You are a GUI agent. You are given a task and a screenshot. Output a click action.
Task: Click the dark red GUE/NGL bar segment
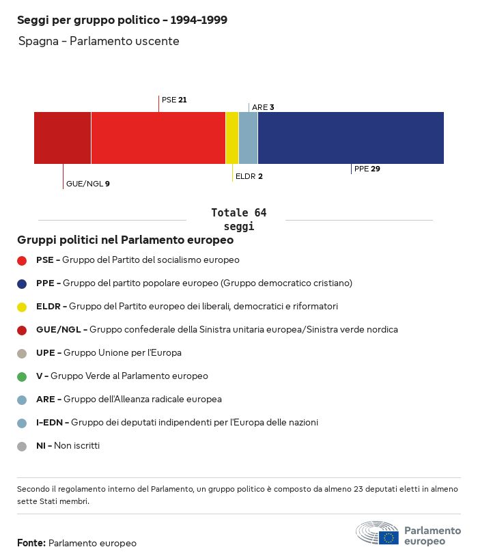tap(62, 138)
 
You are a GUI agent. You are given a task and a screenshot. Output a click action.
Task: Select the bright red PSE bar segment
tap(158, 138)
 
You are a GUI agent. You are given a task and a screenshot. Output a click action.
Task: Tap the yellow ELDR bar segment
tap(232, 138)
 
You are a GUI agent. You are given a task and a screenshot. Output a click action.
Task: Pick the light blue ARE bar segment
tap(249, 138)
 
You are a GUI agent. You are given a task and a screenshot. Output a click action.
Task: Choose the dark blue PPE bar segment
tap(350, 138)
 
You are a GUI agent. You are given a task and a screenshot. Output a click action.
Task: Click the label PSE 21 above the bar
tap(174, 100)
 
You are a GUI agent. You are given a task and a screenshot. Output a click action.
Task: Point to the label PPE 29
tap(367, 169)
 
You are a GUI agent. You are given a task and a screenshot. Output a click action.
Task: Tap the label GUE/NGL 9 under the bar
tap(87, 184)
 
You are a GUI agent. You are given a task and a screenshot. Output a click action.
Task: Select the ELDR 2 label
tap(249, 176)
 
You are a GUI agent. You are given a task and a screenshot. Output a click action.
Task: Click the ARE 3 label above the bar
tap(263, 107)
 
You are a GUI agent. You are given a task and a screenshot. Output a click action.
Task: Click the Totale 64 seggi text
tap(238, 219)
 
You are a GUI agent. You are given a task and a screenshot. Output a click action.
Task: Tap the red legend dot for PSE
tap(22, 260)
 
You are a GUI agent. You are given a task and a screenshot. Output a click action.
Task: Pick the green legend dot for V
tap(22, 376)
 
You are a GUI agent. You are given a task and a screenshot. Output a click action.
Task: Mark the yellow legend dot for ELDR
tap(22, 307)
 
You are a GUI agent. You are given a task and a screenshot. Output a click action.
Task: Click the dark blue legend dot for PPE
tap(22, 283)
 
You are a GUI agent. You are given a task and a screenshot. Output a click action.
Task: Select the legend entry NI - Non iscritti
tap(68, 446)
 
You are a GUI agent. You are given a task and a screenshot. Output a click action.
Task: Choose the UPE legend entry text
tap(109, 353)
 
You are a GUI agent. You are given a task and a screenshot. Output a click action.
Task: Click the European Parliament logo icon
tap(377, 533)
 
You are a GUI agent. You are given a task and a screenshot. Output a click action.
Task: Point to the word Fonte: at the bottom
tap(31, 543)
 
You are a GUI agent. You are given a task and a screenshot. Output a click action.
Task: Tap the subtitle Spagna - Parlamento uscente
tap(98, 41)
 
